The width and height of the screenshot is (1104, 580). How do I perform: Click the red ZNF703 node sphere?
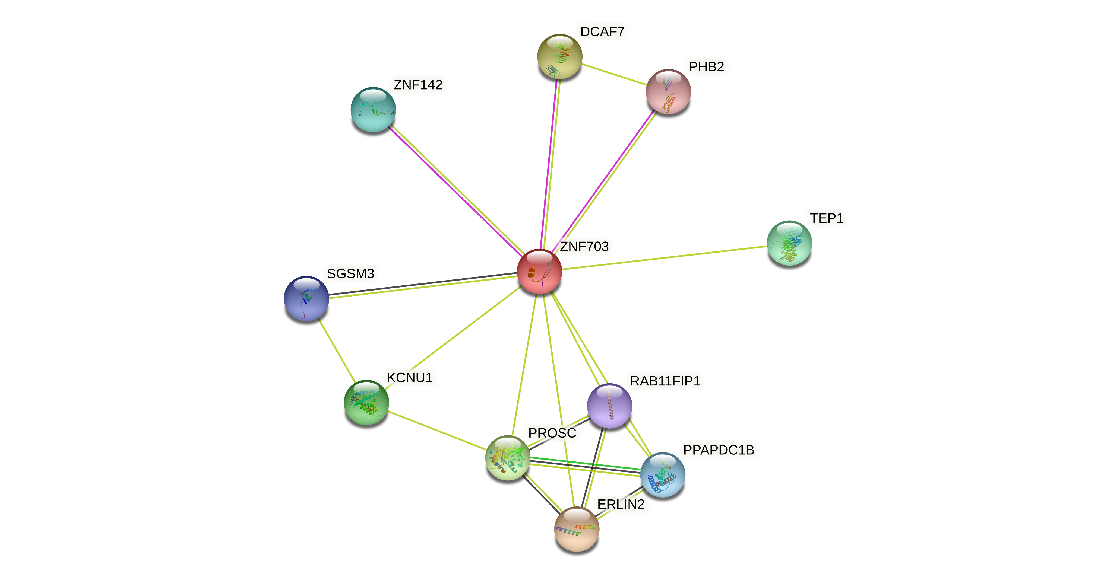coord(539,272)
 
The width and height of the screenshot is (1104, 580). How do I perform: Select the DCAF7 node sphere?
coord(559,56)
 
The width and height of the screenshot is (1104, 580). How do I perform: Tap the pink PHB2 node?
coord(668,92)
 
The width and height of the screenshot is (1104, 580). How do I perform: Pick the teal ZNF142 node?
coord(373,110)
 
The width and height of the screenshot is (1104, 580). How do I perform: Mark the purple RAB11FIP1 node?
coord(609,406)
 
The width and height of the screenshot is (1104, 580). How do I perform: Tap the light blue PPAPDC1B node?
coord(663,475)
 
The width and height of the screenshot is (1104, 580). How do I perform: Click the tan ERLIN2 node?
coord(576,529)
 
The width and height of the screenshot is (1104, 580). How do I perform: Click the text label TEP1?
coord(826,218)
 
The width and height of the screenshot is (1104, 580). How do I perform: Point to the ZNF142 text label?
coord(418,85)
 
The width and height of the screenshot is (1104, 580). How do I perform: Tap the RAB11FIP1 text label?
coord(665,381)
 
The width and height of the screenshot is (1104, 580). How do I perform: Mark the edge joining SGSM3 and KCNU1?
coord(336,350)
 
